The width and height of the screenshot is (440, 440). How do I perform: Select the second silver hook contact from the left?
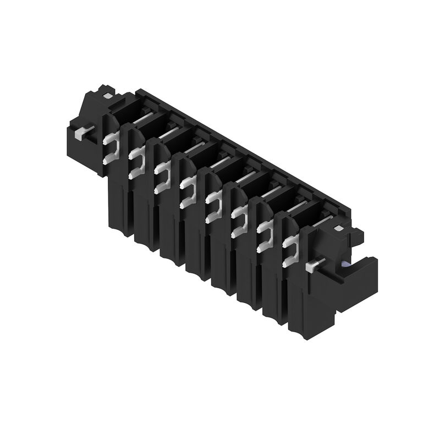pos(136,163)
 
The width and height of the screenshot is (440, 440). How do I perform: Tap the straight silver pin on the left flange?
pos(84,132)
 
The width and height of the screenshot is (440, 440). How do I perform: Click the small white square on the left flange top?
pos(108,97)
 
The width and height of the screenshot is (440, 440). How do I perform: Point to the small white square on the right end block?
pos(339,227)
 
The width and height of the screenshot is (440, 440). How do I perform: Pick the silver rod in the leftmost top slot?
pos(142,117)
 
